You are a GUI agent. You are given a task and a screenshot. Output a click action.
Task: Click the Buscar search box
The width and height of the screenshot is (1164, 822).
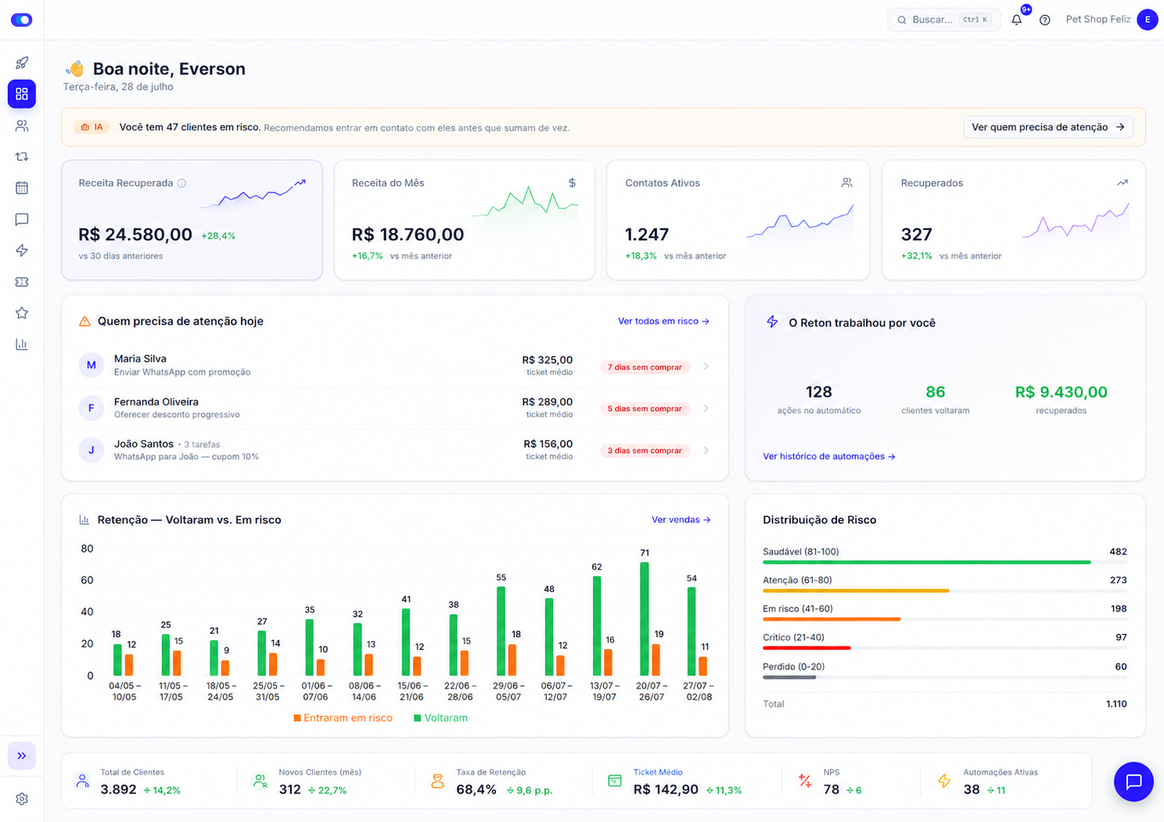(943, 19)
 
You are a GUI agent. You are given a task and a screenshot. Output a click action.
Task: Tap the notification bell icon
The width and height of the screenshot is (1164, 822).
(1017, 19)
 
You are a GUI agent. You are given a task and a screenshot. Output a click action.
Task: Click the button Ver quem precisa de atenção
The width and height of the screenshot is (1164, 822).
(1048, 127)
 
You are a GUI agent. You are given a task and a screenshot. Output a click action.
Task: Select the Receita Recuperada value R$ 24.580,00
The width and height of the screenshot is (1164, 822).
(135, 234)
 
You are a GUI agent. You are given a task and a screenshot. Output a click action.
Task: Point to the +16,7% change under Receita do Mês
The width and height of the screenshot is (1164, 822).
(367, 256)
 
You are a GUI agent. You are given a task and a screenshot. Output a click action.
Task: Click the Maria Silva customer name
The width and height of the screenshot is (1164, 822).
(140, 359)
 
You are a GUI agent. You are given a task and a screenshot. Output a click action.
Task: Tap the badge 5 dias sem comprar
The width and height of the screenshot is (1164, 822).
(644, 409)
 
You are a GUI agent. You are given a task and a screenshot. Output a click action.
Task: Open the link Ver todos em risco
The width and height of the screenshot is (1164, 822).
(664, 321)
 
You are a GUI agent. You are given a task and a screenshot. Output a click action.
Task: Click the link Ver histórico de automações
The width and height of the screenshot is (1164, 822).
(829, 456)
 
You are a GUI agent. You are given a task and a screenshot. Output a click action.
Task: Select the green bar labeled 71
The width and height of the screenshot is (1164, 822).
(644, 618)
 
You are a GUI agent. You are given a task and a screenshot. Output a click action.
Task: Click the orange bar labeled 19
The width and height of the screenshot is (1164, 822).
(656, 659)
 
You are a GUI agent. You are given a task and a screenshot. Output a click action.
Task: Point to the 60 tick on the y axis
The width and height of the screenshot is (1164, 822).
(87, 580)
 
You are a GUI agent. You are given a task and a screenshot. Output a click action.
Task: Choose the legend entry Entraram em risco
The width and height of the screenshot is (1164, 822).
(343, 717)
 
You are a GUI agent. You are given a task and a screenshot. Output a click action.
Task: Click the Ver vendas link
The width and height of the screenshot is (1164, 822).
(681, 519)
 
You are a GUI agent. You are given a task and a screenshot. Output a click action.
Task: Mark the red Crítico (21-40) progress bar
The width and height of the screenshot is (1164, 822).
(807, 648)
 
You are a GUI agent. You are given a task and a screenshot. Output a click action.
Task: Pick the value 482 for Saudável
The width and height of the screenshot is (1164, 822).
(1118, 551)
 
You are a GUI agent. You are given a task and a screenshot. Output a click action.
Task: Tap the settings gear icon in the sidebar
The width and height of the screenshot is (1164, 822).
(22, 799)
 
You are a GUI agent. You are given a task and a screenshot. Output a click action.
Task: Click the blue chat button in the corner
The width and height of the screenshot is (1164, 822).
(1134, 781)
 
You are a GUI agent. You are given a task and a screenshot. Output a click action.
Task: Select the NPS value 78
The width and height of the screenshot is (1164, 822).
(832, 789)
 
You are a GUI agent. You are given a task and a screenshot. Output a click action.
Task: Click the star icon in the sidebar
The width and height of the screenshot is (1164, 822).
(22, 313)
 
